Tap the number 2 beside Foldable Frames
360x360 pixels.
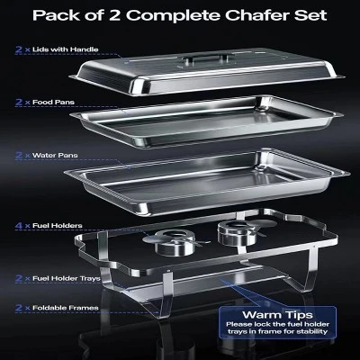click(19, 309)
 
